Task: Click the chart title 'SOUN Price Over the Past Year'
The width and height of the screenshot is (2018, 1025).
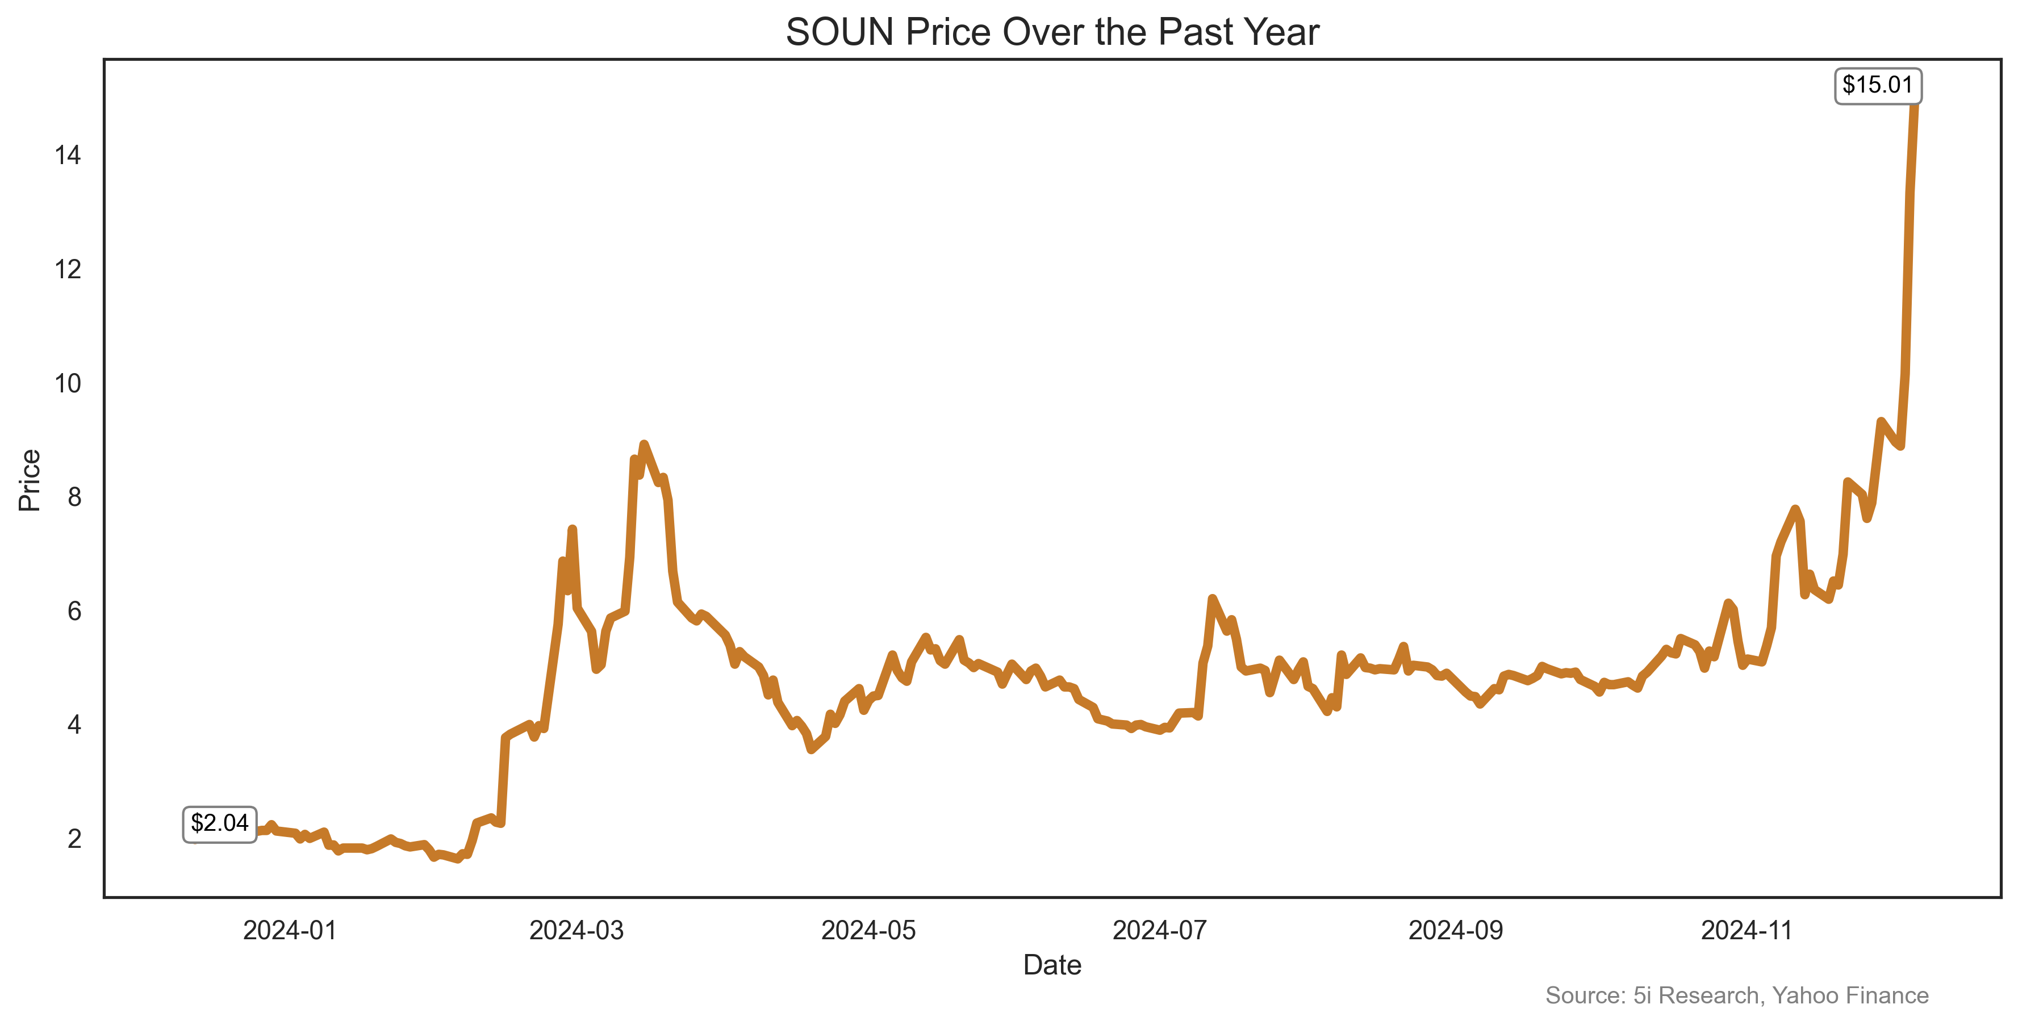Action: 1052,33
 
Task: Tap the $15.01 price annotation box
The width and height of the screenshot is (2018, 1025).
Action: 1878,85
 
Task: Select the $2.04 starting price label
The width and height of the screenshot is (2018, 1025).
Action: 219,824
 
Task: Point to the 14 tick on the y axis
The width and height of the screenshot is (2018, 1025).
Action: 68,155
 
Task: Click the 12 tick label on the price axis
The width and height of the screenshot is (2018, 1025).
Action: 68,269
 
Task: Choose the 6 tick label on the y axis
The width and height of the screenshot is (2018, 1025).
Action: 74,611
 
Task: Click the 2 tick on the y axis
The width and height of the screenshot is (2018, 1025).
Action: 74,839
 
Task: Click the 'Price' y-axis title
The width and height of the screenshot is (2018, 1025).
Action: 30,480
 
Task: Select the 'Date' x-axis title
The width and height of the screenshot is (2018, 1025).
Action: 1052,965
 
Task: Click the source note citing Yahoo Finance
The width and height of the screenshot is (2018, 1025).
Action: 1737,995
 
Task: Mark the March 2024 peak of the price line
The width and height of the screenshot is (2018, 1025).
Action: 644,444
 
